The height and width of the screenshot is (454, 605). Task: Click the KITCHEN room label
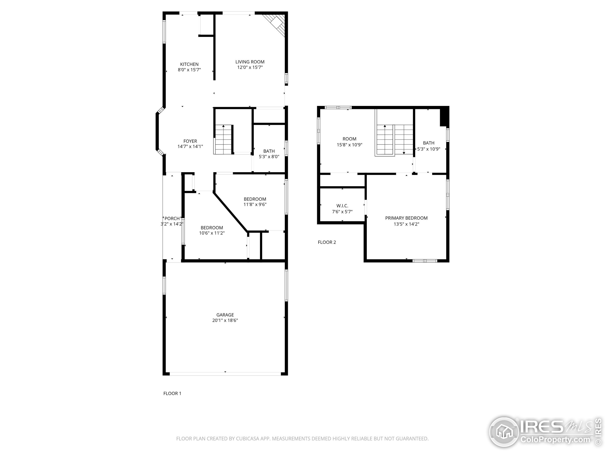(x=189, y=64)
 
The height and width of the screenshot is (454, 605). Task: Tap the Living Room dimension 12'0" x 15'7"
(x=250, y=67)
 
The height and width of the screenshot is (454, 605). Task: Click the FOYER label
(x=190, y=141)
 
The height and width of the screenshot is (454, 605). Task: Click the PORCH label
(x=172, y=218)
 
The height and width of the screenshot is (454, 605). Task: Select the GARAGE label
(x=225, y=315)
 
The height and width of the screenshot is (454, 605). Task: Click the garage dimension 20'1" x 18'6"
(x=225, y=320)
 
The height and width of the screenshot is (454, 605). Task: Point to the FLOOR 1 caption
(x=172, y=393)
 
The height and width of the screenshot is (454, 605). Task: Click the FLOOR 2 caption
(x=327, y=242)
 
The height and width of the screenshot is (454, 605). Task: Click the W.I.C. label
(x=342, y=206)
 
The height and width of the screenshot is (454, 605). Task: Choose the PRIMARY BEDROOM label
(x=406, y=218)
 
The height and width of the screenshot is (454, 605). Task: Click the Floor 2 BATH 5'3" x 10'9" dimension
(x=429, y=149)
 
